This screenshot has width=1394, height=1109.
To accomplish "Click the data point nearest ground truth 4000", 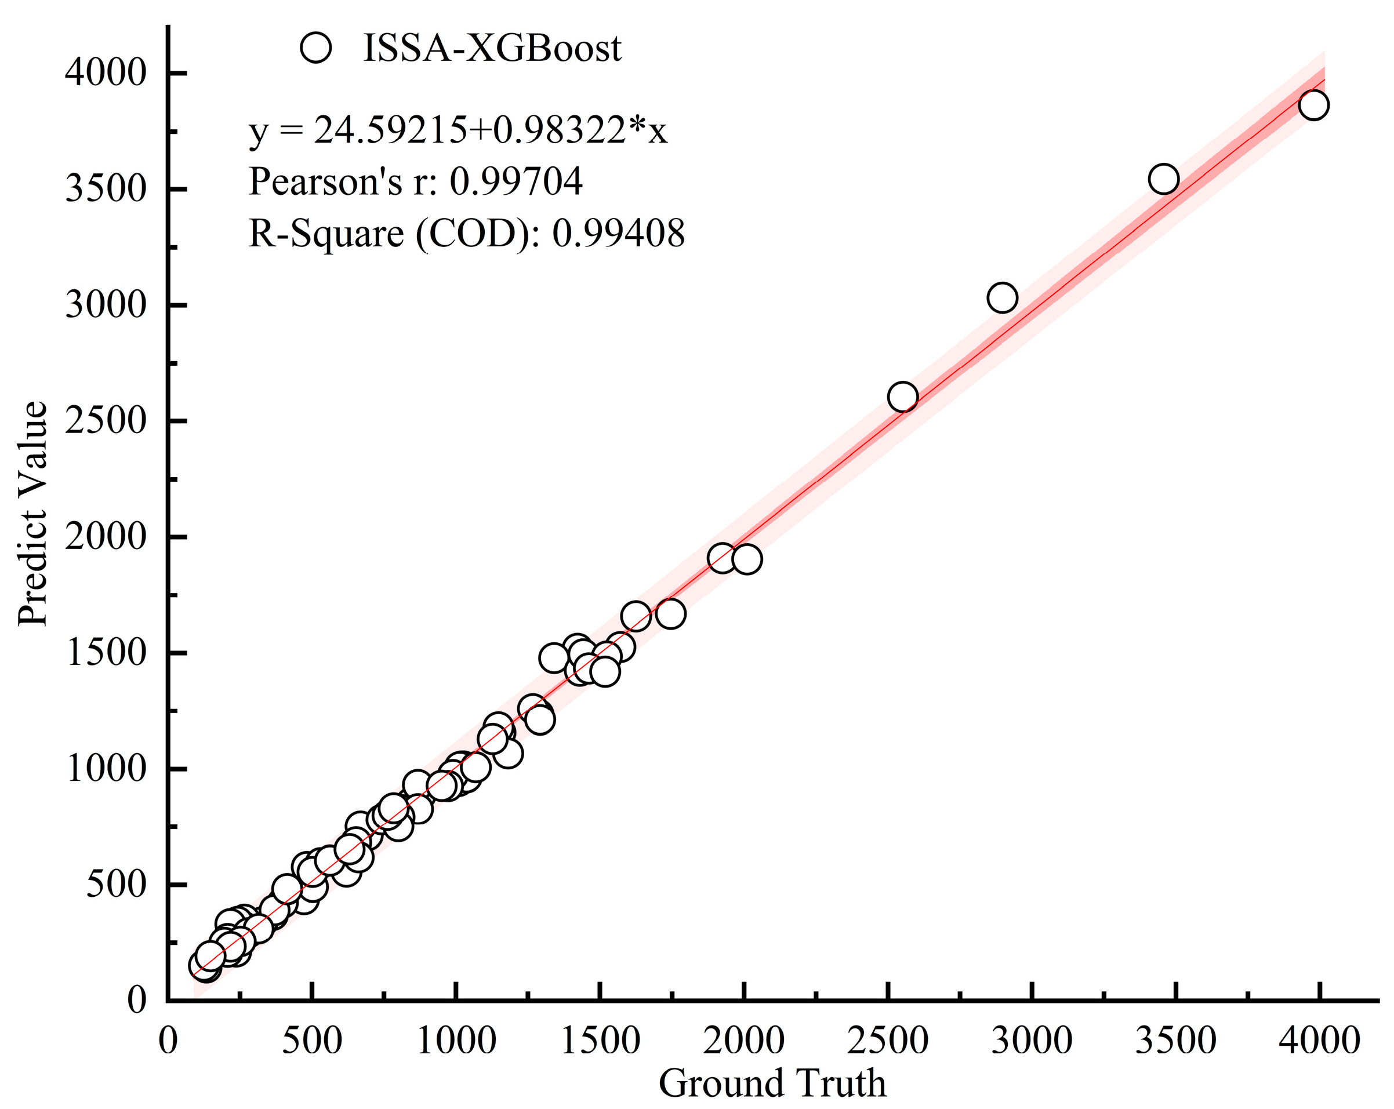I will click(x=1313, y=105).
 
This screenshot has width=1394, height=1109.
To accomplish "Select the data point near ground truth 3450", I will click(x=1163, y=179).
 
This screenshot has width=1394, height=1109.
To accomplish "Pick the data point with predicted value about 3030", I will click(x=1002, y=298).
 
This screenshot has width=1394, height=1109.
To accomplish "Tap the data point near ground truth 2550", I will click(x=903, y=397).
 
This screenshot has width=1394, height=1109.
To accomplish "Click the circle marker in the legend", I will click(x=315, y=48).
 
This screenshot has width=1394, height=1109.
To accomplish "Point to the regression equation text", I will click(x=458, y=130).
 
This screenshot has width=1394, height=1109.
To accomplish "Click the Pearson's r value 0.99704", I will click(x=516, y=181).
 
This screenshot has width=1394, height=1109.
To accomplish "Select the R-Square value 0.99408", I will click(x=618, y=233).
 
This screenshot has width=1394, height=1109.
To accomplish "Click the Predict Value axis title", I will click(x=32, y=514).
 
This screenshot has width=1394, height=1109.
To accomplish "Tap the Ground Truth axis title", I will click(x=772, y=1082).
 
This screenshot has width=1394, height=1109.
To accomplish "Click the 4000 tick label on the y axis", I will click(x=106, y=72).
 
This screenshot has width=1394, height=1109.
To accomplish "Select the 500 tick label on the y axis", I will click(x=117, y=884).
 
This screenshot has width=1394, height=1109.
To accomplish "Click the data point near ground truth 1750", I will click(x=670, y=613).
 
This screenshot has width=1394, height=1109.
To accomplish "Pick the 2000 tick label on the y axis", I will click(x=106, y=536).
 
